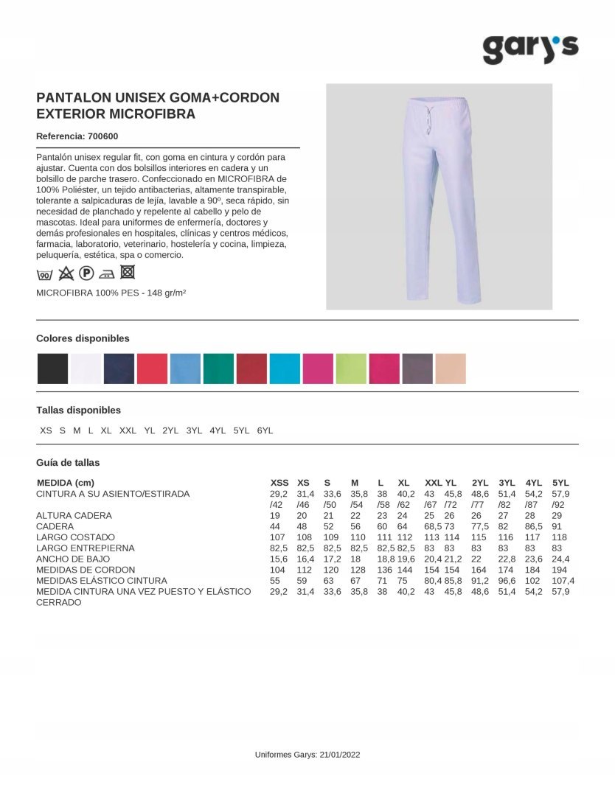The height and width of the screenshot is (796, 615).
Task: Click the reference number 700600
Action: pyautogui.click(x=102, y=136)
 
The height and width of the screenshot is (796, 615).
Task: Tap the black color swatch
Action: pyautogui.click(x=52, y=369)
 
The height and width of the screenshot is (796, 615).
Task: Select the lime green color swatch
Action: pyautogui.click(x=351, y=369)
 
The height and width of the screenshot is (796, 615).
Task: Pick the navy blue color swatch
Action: pyautogui.click(x=119, y=369)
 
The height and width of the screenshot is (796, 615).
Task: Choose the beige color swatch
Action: pyautogui.click(x=451, y=369)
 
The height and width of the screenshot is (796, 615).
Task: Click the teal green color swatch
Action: pyautogui.click(x=218, y=369)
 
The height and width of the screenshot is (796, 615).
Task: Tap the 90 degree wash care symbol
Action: pyautogui.click(x=44, y=275)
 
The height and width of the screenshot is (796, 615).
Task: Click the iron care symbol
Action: pyautogui.click(x=107, y=274)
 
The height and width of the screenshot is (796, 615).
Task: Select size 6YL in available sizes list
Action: pyautogui.click(x=265, y=430)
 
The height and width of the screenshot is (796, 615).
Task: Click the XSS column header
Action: pyautogui.click(x=279, y=483)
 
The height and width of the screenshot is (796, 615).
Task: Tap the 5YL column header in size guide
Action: pyautogui.click(x=560, y=483)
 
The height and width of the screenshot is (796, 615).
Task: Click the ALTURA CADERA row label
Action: pyautogui.click(x=74, y=516)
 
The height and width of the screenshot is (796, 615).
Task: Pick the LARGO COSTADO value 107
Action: pyautogui.click(x=277, y=537)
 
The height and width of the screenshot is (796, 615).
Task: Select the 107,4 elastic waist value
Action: pyautogui.click(x=563, y=581)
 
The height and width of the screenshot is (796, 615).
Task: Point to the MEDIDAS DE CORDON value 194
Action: pyautogui.click(x=559, y=570)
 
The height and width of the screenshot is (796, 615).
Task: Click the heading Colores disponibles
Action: pyautogui.click(x=83, y=338)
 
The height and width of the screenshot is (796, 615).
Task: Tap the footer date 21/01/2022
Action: pyautogui.click(x=341, y=755)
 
